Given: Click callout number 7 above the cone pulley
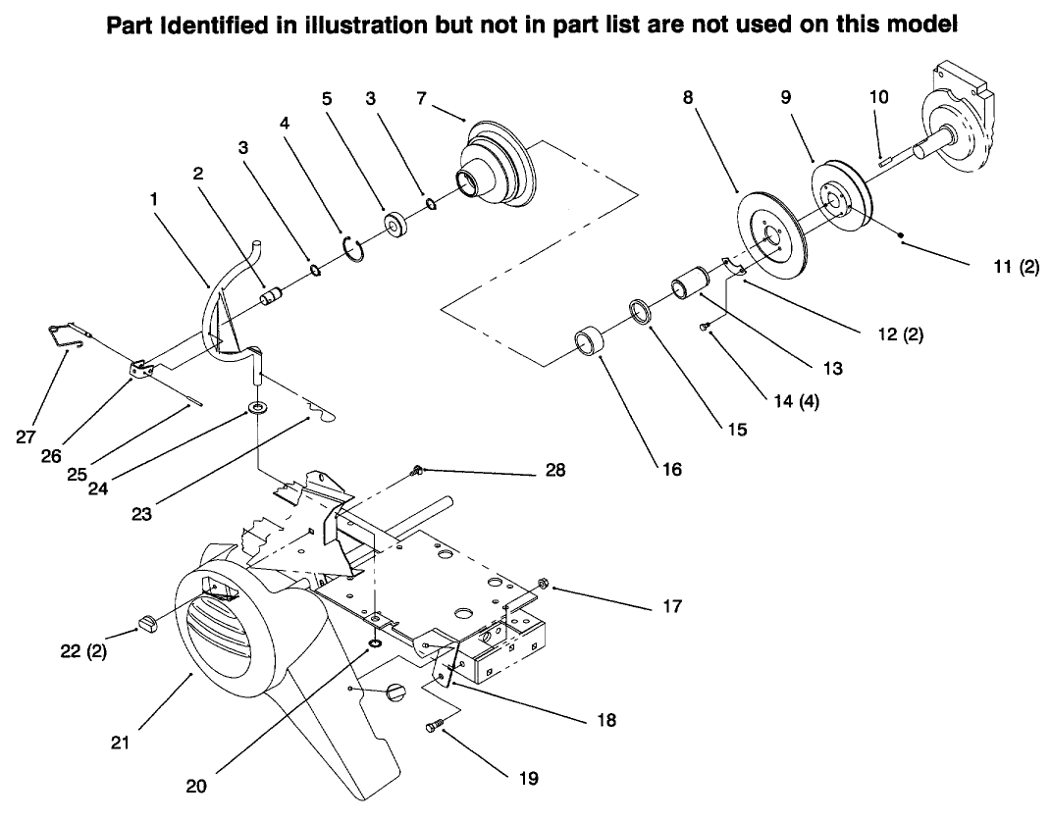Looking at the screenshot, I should click(x=422, y=99).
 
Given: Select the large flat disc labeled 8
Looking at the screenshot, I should click(x=770, y=230).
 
